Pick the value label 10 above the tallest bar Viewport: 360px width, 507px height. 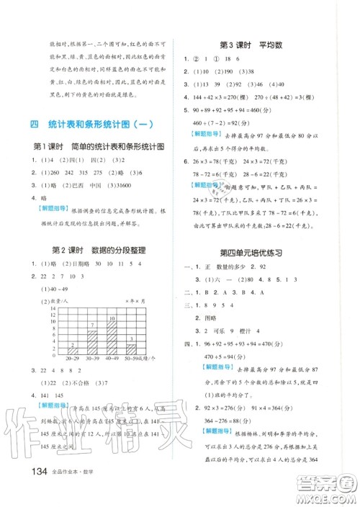point(112,318)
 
